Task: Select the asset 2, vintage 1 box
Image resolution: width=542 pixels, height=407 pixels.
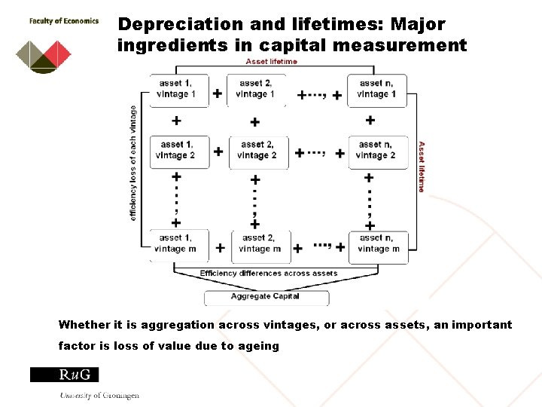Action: (x=256, y=89)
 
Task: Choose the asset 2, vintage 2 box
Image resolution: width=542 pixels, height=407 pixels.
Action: (x=257, y=151)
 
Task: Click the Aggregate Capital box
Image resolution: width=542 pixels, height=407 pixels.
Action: (x=266, y=296)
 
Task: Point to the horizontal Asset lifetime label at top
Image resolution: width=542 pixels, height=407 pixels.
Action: (x=271, y=62)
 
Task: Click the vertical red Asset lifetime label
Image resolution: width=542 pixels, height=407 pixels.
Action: (x=422, y=166)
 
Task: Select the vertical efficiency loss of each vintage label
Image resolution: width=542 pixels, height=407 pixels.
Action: (x=134, y=162)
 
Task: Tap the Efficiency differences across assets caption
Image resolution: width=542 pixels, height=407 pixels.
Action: (x=269, y=274)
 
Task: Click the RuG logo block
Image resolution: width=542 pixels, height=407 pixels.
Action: (x=64, y=375)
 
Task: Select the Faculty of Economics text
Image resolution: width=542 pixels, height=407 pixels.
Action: (x=64, y=21)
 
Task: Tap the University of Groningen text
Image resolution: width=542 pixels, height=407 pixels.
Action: (x=99, y=395)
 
